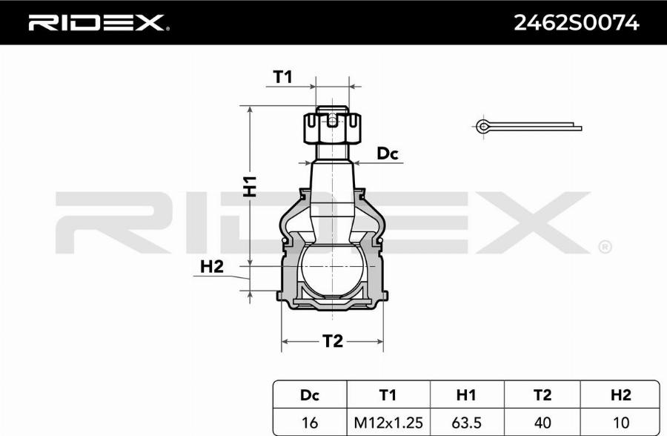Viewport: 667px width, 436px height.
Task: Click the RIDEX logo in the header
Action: (98, 23)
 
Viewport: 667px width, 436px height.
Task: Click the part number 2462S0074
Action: (576, 23)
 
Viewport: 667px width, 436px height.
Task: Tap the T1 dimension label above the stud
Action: (283, 76)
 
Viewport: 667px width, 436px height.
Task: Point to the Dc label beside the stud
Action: (388, 154)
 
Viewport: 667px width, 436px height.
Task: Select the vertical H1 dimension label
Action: (250, 185)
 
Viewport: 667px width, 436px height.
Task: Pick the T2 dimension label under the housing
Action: (333, 341)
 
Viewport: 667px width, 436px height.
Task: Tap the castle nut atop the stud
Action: (333, 128)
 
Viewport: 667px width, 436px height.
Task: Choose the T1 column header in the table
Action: (388, 394)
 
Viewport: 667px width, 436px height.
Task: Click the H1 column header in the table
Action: (465, 394)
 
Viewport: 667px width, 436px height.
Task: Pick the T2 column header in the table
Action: (542, 394)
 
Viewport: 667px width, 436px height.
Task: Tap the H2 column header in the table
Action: (620, 394)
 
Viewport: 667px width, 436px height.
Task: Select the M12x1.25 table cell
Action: (388, 422)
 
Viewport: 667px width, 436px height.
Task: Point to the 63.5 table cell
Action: (465, 422)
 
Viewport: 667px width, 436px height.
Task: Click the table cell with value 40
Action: (542, 422)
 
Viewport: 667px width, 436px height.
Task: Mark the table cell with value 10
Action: (620, 422)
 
